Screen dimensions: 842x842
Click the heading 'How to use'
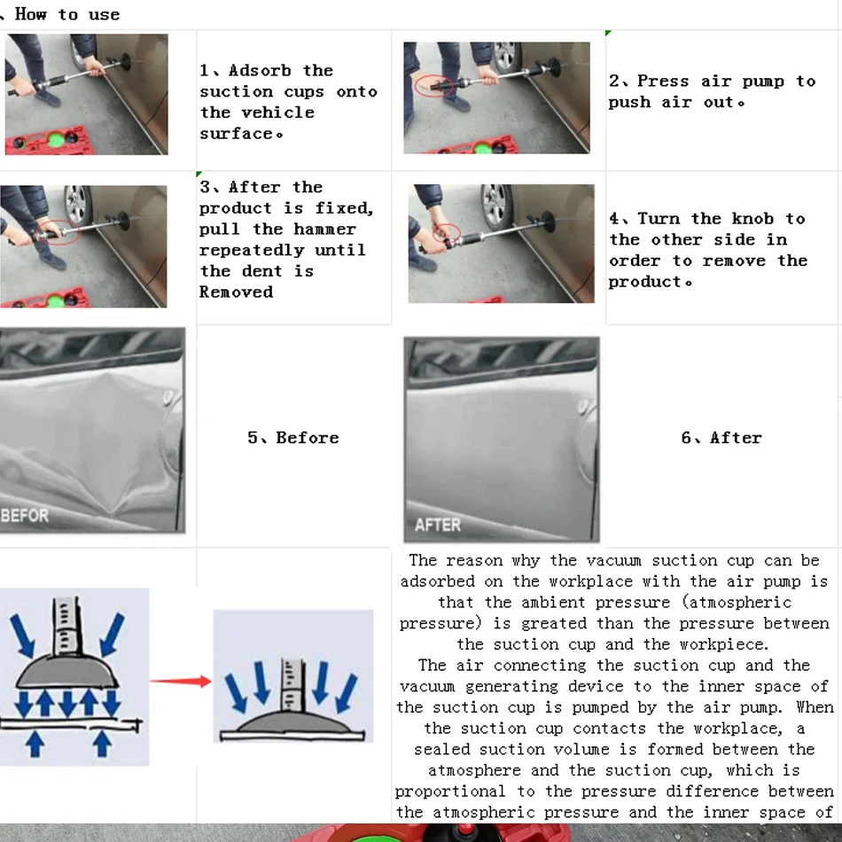67,14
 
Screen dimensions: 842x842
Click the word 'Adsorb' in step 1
260,70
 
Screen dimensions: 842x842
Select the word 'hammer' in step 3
325,230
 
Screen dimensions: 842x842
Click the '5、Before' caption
293,438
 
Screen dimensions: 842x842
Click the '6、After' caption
721,438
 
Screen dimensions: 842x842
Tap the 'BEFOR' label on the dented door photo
25,516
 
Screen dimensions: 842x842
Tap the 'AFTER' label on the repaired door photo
438,525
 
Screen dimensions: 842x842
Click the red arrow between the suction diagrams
181,682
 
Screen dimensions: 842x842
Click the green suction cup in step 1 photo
57,141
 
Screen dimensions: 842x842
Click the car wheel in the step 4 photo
496,207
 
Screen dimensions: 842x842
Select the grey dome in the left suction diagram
66,672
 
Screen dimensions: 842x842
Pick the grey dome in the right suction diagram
293,722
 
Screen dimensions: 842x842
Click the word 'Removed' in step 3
237,292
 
